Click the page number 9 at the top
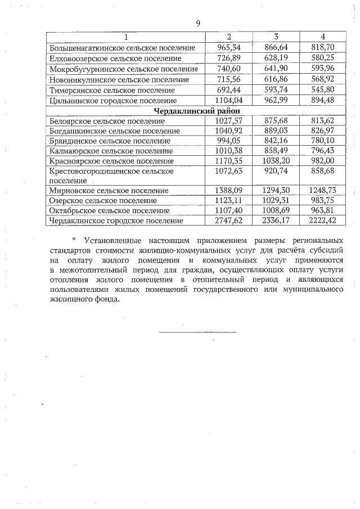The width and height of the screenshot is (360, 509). pyautogui.click(x=197, y=23)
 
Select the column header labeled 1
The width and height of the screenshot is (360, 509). pyautogui.click(x=126, y=37)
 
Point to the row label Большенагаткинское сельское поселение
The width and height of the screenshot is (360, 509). pyautogui.click(x=122, y=48)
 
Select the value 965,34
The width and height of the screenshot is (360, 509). pyautogui.click(x=228, y=48)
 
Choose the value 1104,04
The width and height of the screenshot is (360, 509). pyautogui.click(x=228, y=100)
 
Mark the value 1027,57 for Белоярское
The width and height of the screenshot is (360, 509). pyautogui.click(x=228, y=121)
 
